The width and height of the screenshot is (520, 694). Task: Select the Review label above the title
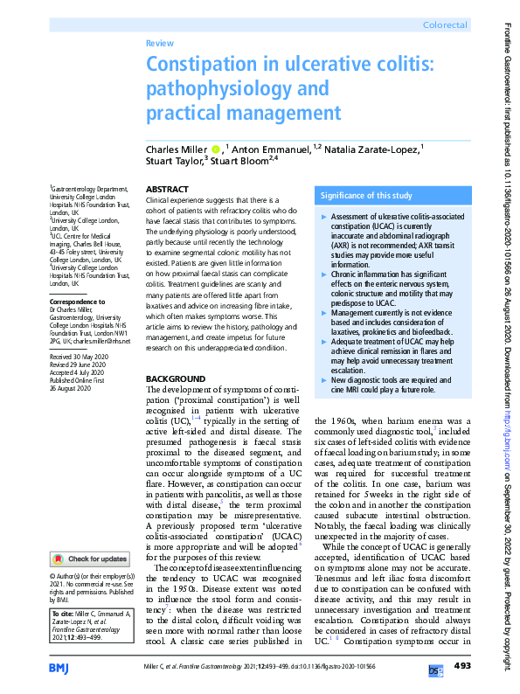(x=160, y=42)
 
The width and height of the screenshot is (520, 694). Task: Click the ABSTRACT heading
(x=166, y=189)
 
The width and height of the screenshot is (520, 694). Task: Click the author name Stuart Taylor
(x=172, y=161)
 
